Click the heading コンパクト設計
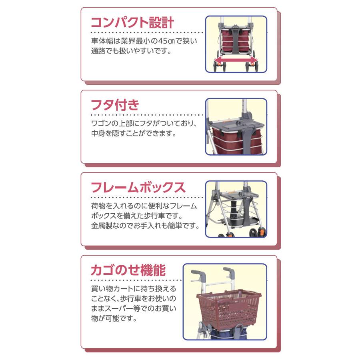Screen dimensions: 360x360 point(132,22)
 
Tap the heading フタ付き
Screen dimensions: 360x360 point(115,105)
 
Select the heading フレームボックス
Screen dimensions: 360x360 point(138,187)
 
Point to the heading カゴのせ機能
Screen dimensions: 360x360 point(128,270)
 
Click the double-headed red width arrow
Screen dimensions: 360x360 point(236,60)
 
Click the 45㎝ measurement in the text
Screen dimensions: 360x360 point(176,41)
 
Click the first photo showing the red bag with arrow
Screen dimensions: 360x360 point(236,44)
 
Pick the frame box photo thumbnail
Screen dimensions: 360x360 point(236,209)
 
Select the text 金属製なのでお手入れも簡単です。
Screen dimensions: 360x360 point(145,226)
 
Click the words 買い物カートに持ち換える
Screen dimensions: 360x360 point(134,289)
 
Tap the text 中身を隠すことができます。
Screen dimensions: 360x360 point(134,134)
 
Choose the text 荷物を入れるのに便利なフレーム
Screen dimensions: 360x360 point(144,206)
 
